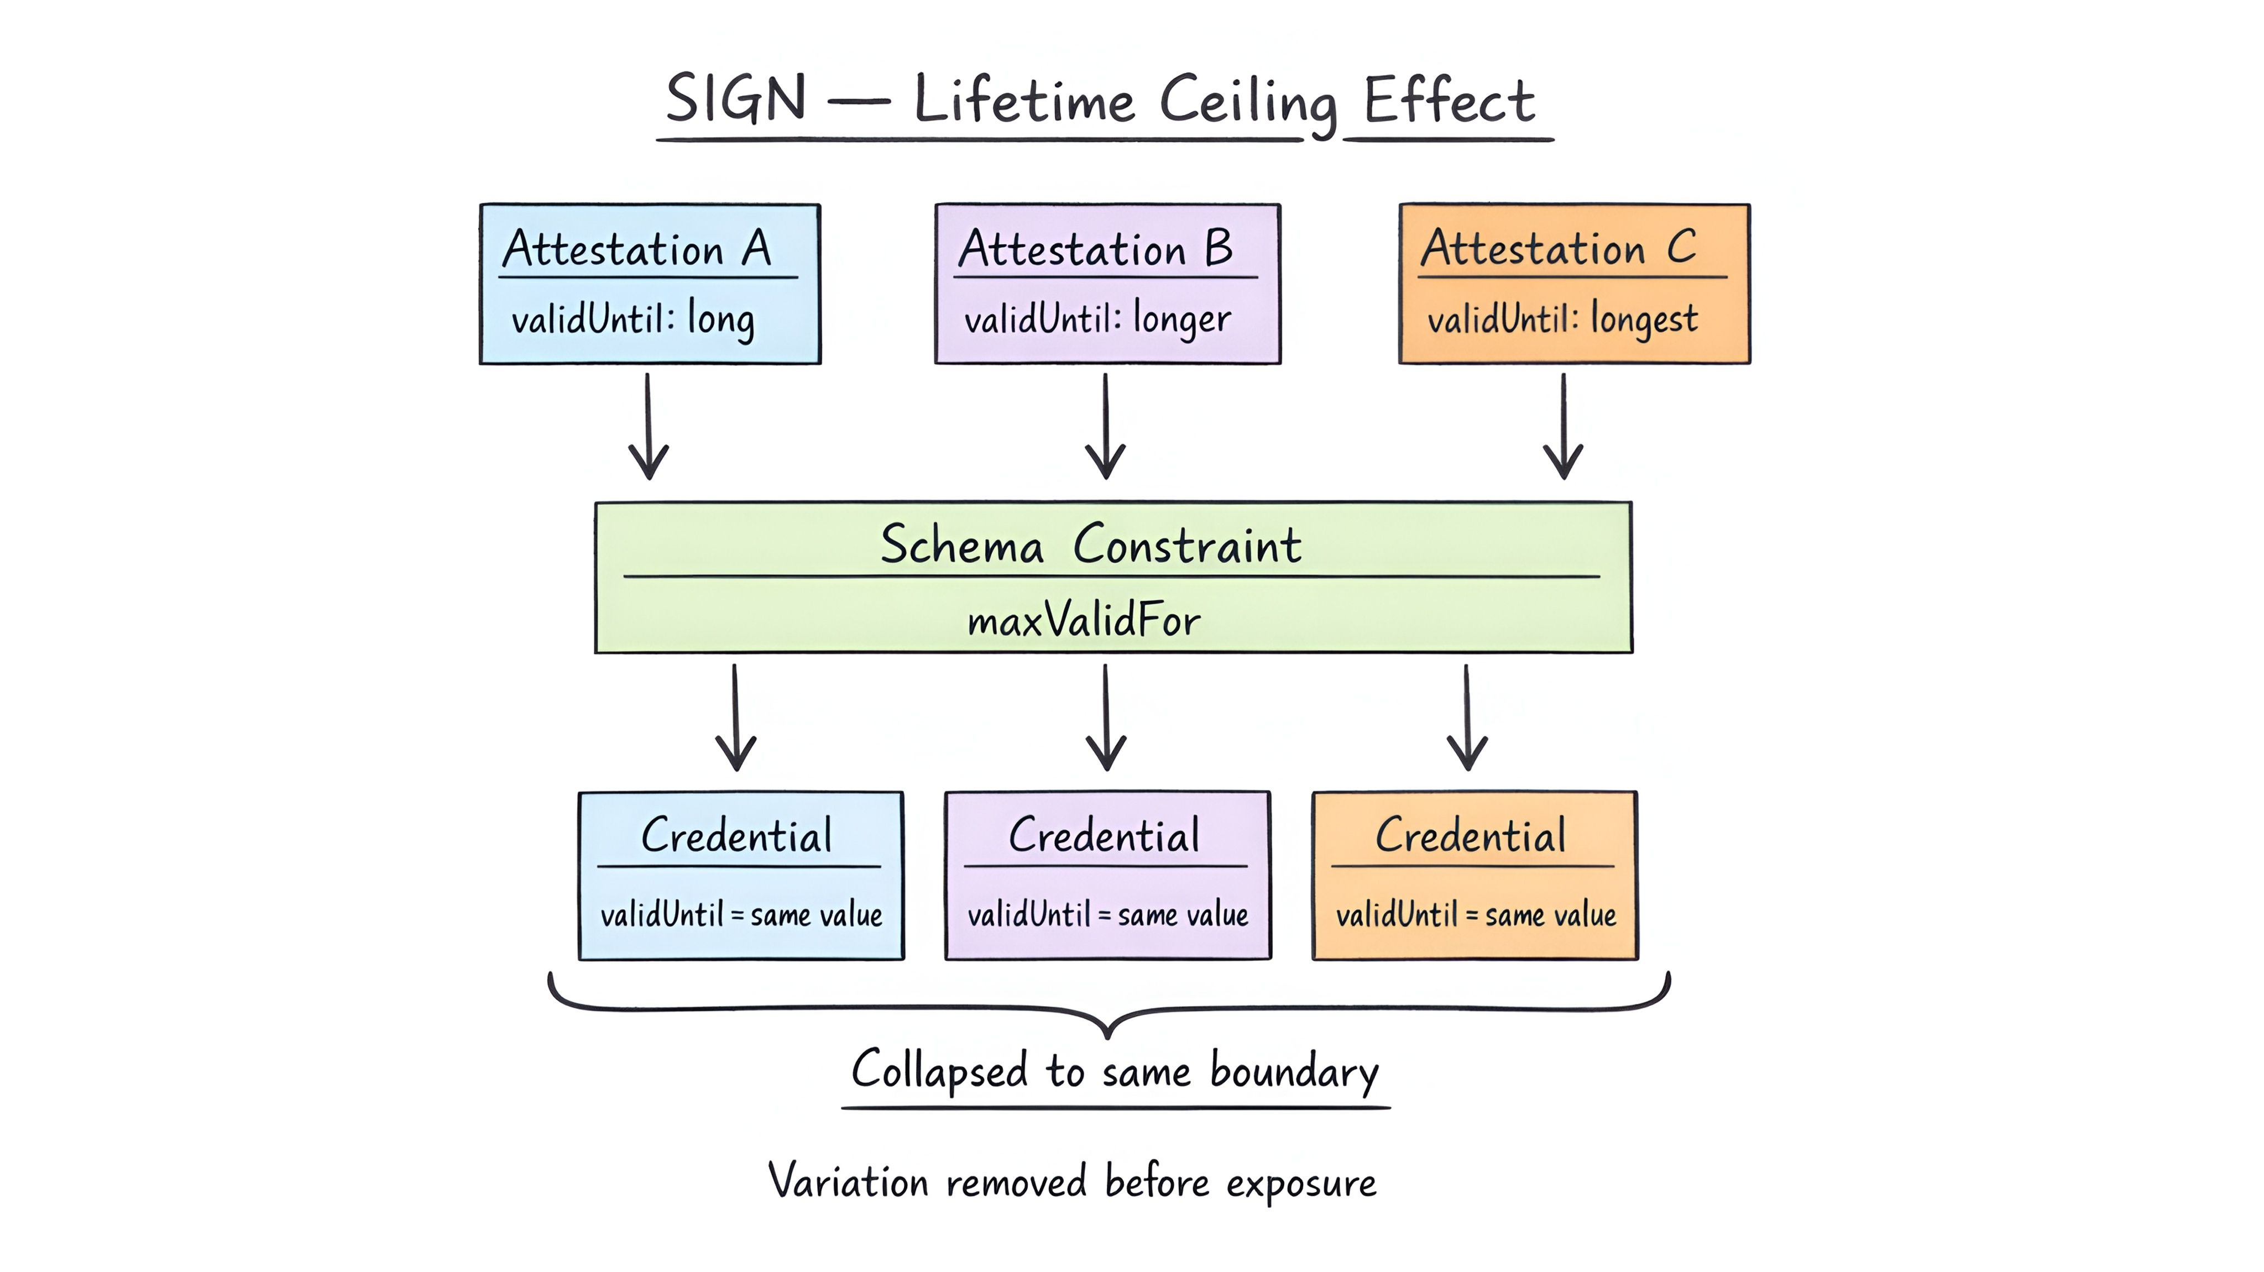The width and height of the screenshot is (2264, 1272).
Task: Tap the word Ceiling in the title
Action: coord(1248,102)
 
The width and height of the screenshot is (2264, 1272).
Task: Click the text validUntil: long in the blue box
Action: coord(633,318)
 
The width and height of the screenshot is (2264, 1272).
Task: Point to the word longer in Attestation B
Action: coord(1182,318)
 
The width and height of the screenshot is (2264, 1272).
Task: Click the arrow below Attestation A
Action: coord(649,426)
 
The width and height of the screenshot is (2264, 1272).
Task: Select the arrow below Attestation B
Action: coord(1106,426)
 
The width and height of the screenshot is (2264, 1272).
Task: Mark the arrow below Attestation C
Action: coord(1564,426)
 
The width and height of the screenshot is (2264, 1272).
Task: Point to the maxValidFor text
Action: coord(1084,621)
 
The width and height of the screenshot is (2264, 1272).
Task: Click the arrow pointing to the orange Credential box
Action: coord(1467,718)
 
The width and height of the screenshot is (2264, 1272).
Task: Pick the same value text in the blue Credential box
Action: coord(817,915)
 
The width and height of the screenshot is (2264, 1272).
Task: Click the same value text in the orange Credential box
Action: coord(1550,915)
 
